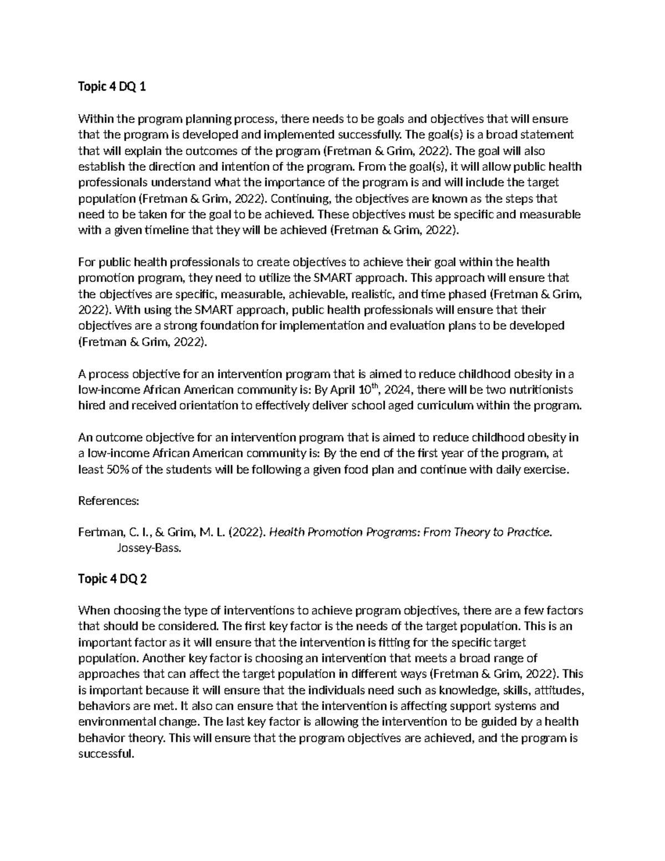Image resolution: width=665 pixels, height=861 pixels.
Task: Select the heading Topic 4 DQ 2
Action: pyautogui.click(x=112, y=579)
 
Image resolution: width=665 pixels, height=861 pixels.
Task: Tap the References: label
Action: pyautogui.click(x=108, y=501)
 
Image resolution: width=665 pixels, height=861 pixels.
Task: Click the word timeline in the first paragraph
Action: pyautogui.click(x=165, y=230)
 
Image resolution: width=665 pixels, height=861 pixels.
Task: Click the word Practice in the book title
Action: pyautogui.click(x=527, y=532)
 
